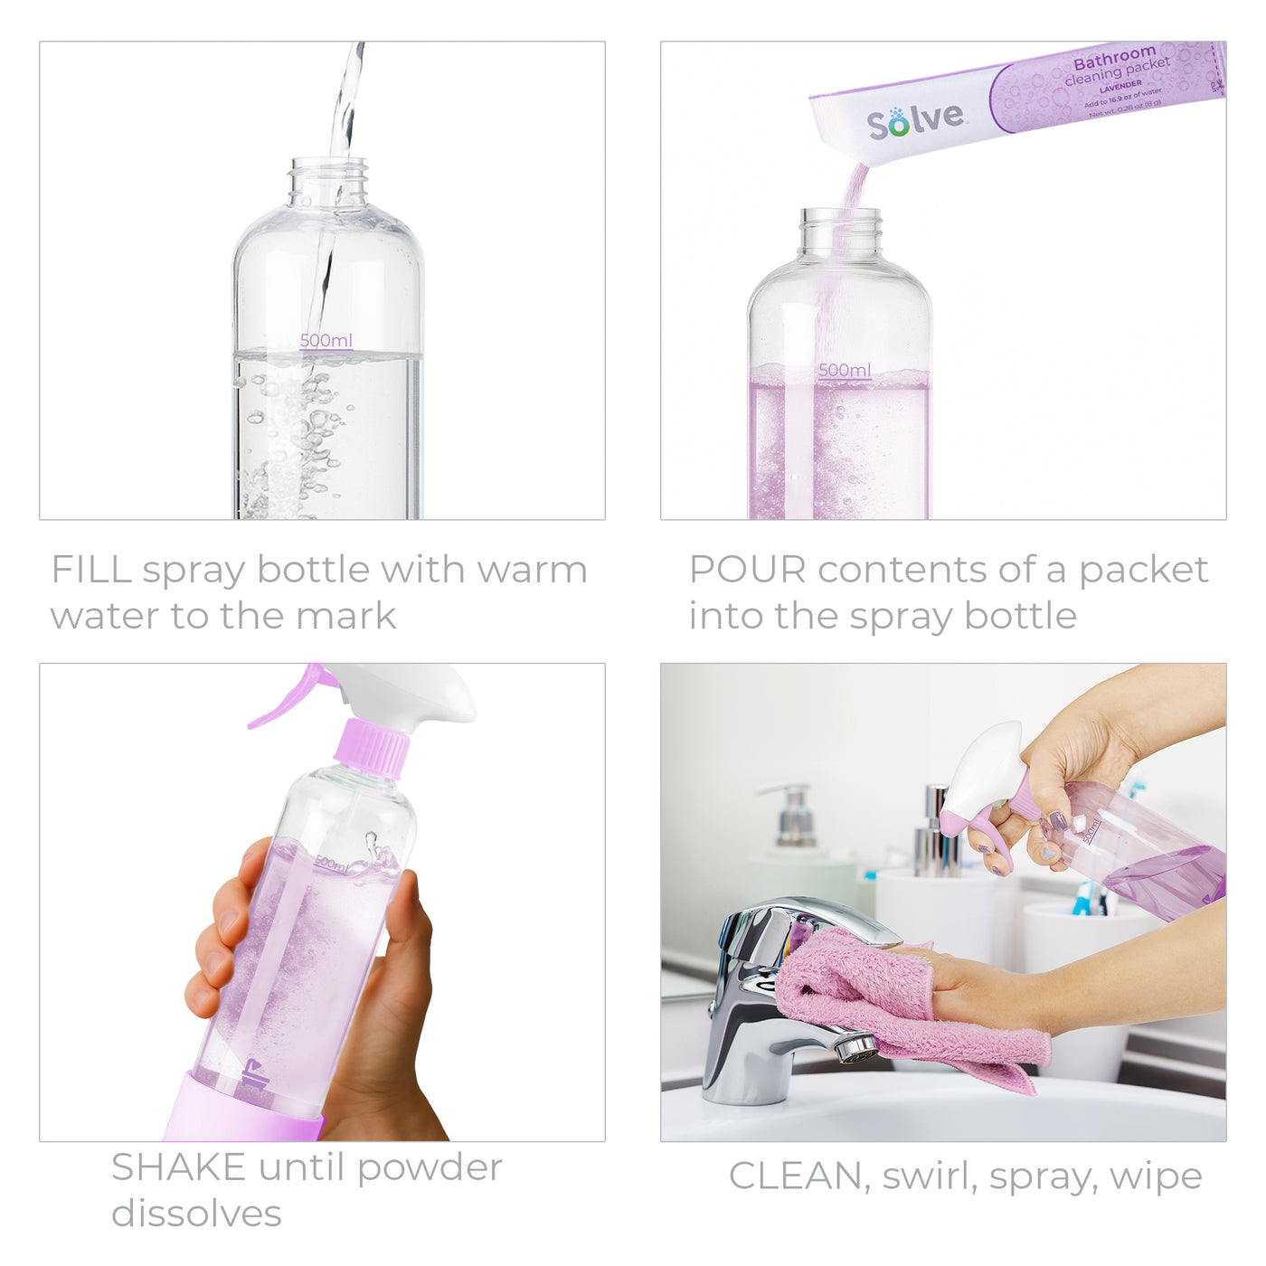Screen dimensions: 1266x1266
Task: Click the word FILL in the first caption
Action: coord(91,570)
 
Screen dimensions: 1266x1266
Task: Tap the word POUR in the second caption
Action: coord(747,570)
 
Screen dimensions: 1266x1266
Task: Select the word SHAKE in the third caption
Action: coord(178,1167)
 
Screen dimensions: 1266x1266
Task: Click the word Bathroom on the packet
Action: coord(1114,60)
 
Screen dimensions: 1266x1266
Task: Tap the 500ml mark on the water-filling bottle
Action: coord(326,341)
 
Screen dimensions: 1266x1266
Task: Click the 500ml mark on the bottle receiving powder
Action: coord(845,370)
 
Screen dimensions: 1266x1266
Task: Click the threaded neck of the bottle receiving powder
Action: coord(840,231)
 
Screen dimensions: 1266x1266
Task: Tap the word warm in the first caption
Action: coord(532,570)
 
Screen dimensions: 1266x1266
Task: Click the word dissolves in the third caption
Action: coord(196,1213)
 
